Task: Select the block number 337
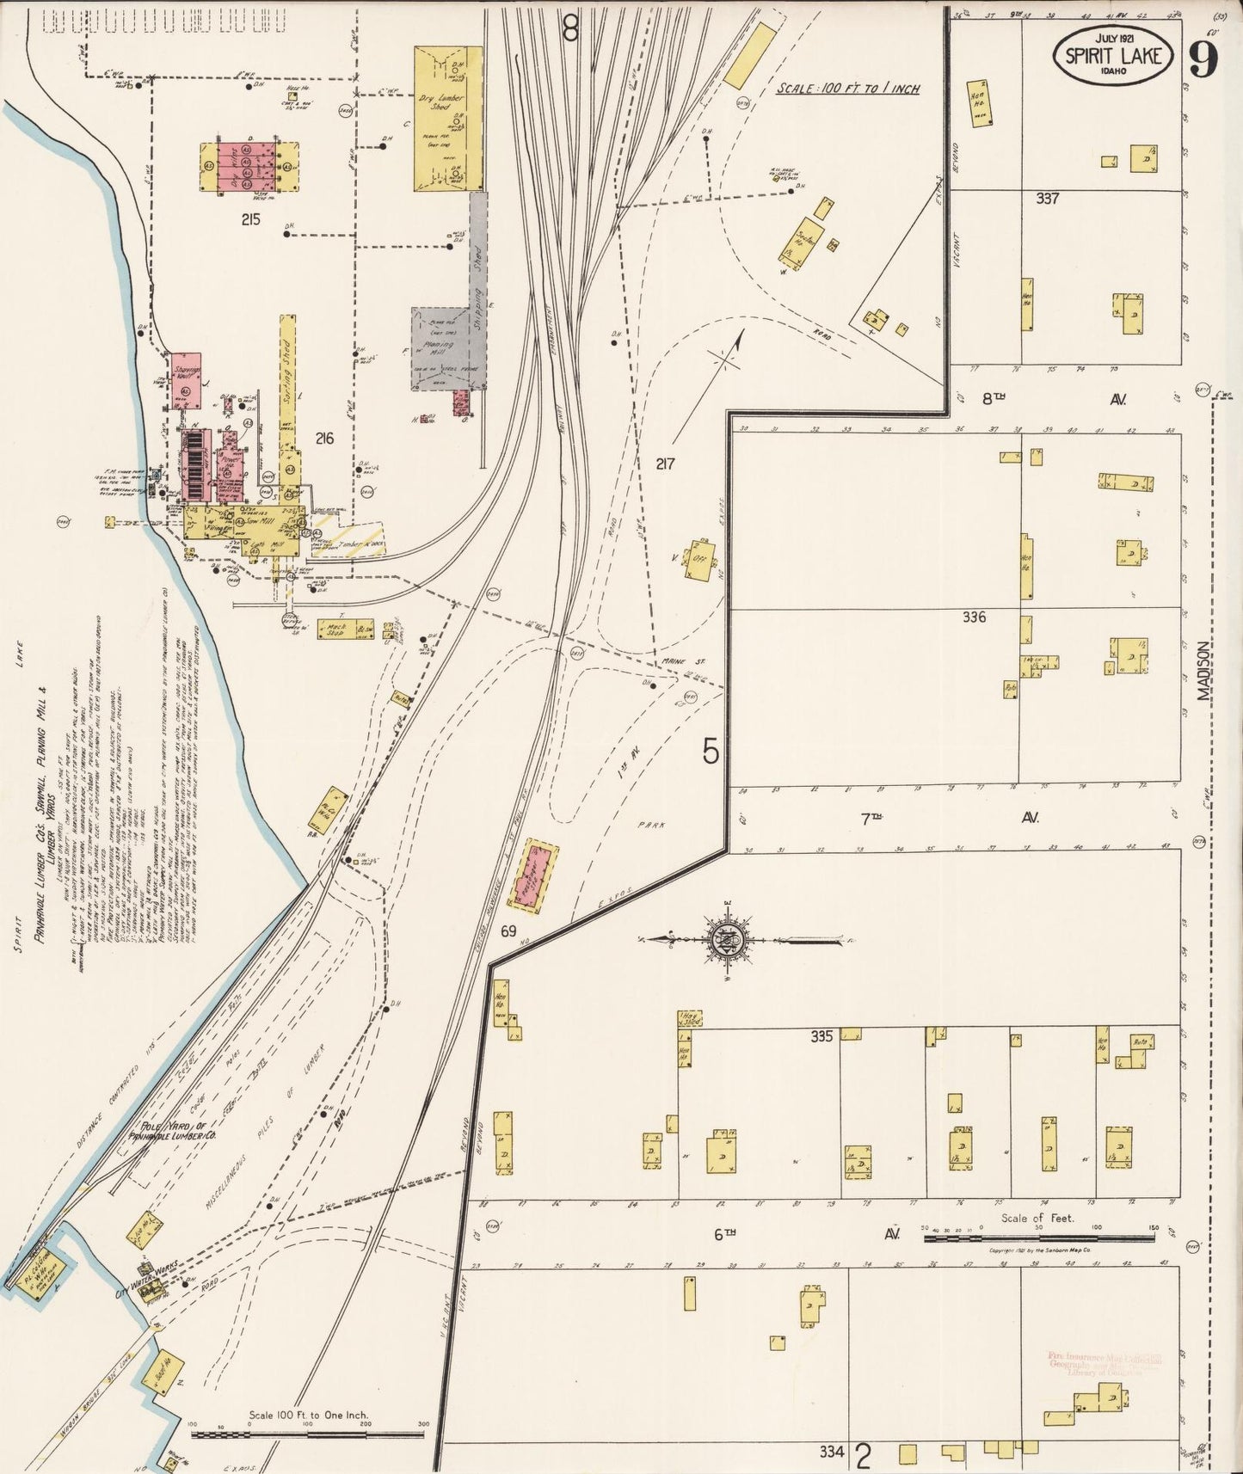(1047, 199)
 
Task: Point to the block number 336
(974, 617)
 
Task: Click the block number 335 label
(821, 1037)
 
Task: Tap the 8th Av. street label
(1045, 399)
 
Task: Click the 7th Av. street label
(946, 819)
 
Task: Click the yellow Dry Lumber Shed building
(447, 118)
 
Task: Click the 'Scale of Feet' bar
(1043, 1238)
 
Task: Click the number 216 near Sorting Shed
(323, 439)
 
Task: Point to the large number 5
(710, 752)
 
